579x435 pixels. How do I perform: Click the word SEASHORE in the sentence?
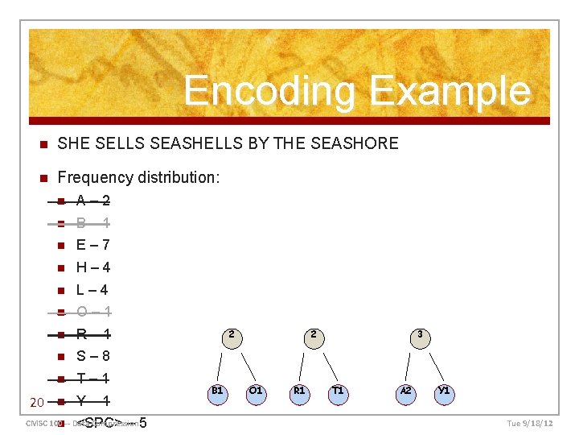pyautogui.click(x=358, y=143)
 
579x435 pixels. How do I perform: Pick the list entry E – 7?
pyautogui.click(x=93, y=245)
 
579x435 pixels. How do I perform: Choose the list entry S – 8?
pyautogui.click(x=93, y=356)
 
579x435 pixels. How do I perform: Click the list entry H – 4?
pyautogui.click(x=93, y=267)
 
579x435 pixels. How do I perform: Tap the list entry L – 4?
pyautogui.click(x=92, y=290)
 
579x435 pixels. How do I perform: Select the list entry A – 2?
pyautogui.click(x=93, y=201)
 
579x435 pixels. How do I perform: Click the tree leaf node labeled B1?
pyautogui.click(x=216, y=391)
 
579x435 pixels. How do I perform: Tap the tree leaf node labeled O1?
pyautogui.click(x=256, y=391)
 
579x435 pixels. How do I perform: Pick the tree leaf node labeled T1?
pyautogui.click(x=338, y=391)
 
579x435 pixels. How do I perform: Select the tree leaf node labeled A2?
pyautogui.click(x=405, y=391)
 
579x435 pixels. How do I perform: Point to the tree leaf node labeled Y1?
pyautogui.click(x=443, y=391)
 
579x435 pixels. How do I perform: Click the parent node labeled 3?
pyautogui.click(x=419, y=334)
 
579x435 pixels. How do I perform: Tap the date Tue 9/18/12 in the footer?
pyautogui.click(x=530, y=423)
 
